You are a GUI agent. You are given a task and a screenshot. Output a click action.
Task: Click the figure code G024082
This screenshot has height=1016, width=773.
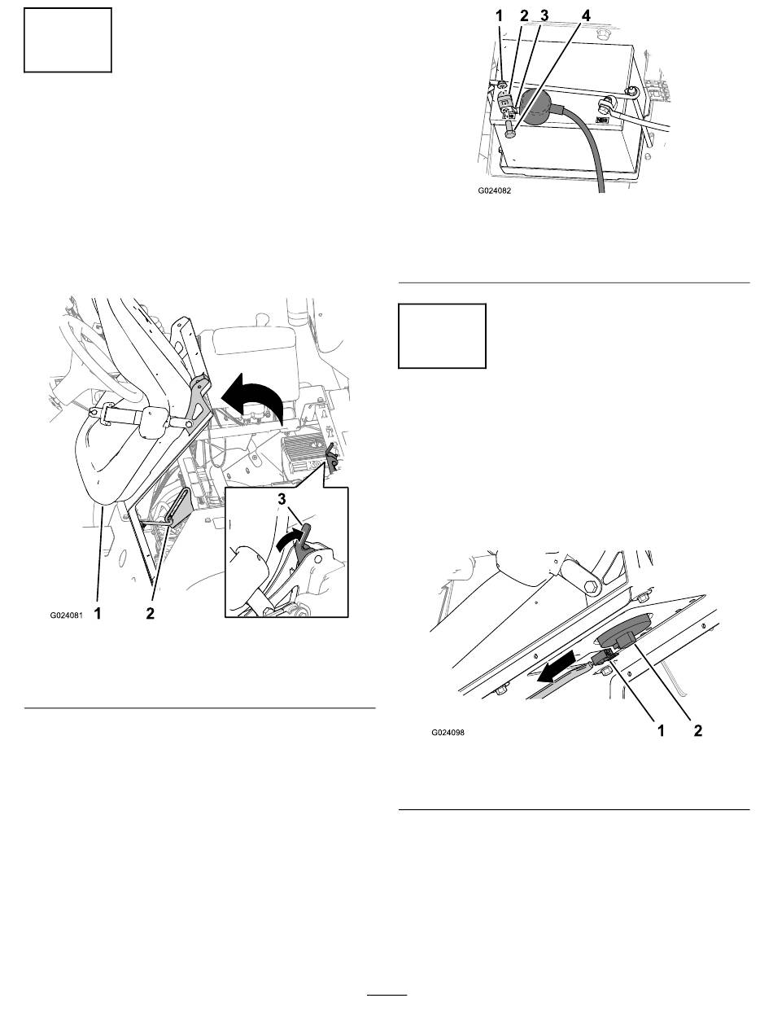point(495,190)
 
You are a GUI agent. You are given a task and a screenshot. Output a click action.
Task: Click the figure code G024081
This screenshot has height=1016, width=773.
point(67,615)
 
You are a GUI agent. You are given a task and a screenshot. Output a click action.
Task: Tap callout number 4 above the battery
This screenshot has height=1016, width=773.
point(586,15)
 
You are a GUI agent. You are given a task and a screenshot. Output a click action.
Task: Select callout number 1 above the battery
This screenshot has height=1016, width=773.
point(499,15)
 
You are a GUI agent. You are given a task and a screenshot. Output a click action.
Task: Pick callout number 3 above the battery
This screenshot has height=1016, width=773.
point(544,15)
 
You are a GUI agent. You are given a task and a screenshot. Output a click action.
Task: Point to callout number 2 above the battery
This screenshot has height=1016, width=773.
point(524,15)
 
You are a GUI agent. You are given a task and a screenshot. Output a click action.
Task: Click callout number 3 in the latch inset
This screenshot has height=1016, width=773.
point(282,499)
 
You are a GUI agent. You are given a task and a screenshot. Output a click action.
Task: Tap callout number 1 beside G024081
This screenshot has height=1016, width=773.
point(98,614)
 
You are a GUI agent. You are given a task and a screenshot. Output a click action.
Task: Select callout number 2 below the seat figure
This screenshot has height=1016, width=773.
point(150,614)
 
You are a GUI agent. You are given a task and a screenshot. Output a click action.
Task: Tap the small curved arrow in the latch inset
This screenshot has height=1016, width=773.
point(290,540)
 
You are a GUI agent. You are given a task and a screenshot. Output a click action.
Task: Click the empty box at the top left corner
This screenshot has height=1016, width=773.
point(68,40)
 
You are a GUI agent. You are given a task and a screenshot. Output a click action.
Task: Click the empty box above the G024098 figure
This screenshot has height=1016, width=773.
point(442,335)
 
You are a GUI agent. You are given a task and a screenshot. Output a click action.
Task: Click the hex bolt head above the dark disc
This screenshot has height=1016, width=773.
point(592,588)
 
